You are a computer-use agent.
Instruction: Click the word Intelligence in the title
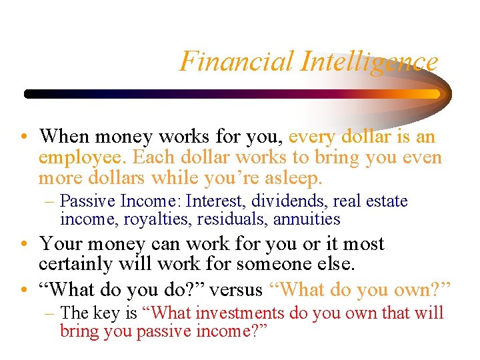[x=369, y=61]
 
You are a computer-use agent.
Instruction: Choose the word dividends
[x=289, y=201]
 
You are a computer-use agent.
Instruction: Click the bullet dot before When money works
[x=23, y=138]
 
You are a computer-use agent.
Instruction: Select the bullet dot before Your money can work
[x=23, y=245]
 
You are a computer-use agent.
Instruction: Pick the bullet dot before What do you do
[x=23, y=291]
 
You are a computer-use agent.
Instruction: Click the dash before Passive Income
[x=51, y=201]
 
